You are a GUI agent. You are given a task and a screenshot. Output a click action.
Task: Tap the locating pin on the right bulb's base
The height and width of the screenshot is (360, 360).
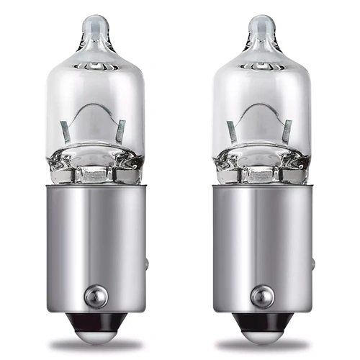[262, 296]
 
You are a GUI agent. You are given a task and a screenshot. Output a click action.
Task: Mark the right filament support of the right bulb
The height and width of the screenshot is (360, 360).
[287, 130]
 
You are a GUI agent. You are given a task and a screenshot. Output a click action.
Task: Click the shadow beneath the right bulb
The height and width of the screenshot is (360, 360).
[263, 344]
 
